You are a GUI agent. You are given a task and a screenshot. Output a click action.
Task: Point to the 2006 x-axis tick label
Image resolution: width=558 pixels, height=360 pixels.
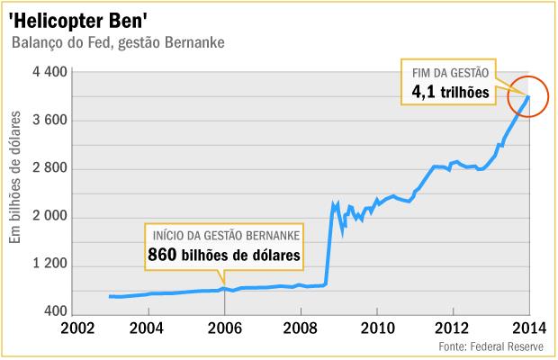pyautogui.click(x=224, y=328)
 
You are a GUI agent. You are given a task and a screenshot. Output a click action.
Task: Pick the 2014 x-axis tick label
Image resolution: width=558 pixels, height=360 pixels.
pyautogui.click(x=528, y=328)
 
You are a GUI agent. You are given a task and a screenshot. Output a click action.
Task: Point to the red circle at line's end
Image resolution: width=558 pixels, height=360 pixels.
pyautogui.click(x=526, y=96)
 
